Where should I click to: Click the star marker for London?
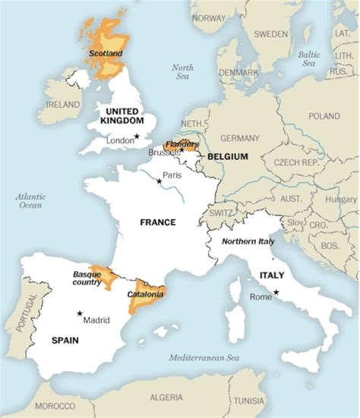click(137, 137)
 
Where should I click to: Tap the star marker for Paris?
click(159, 181)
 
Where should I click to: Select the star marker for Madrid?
click(79, 313)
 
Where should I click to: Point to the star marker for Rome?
click(276, 293)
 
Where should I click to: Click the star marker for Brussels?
click(182, 150)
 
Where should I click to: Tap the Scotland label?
click(105, 54)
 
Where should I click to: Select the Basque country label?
click(87, 278)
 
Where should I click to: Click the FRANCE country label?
click(158, 223)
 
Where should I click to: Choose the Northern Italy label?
click(248, 241)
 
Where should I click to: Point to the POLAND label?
click(324, 116)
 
